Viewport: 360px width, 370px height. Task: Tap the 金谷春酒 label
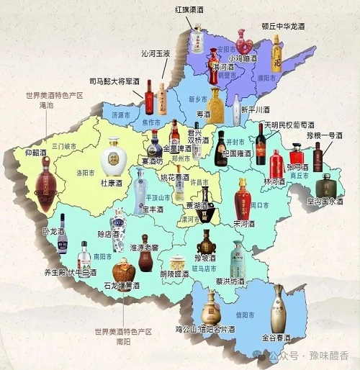point(276,338)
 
